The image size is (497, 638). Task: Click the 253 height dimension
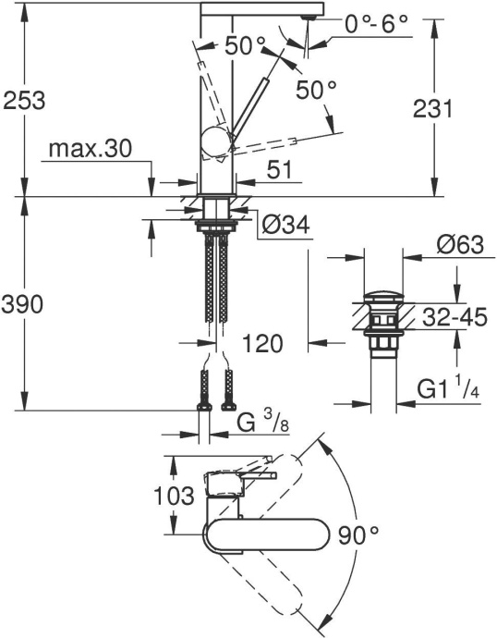click(23, 99)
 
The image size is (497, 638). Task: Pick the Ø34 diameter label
click(283, 226)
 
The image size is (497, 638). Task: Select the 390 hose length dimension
click(23, 305)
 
